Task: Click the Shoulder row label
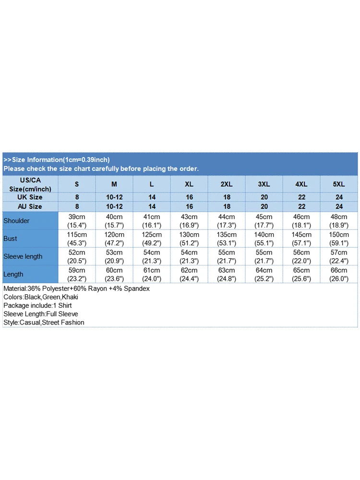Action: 16,221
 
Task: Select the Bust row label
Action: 10,239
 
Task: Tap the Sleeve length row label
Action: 23,256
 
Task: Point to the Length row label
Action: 13,274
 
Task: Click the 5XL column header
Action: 339,184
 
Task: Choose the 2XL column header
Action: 227,184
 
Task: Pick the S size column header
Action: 77,184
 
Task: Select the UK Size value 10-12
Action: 114,197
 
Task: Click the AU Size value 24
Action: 339,206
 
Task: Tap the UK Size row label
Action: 30,197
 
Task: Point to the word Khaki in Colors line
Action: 70,297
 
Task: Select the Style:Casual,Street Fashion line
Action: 44,323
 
